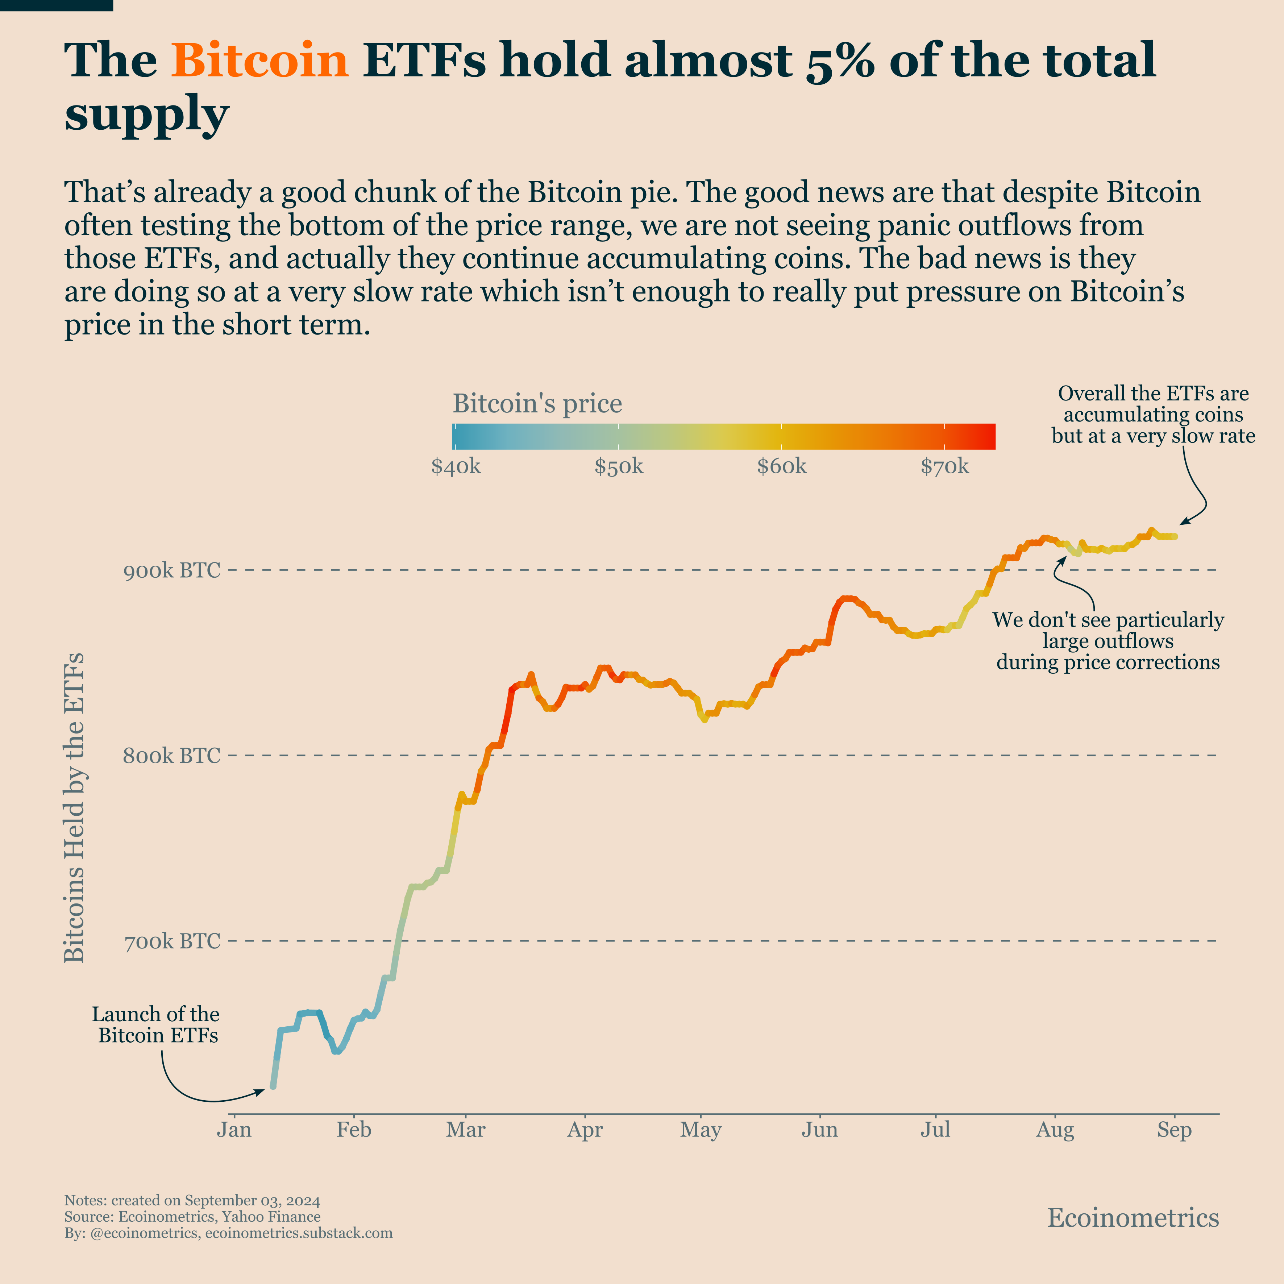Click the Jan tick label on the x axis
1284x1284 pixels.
pos(234,1130)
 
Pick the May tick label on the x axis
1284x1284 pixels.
pos(701,1130)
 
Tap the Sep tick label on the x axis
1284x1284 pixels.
pos(1174,1130)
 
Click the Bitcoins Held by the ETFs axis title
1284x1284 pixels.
pos(74,807)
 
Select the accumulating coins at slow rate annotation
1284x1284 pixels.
pos(1153,415)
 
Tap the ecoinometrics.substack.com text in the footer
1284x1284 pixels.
pos(299,1234)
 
